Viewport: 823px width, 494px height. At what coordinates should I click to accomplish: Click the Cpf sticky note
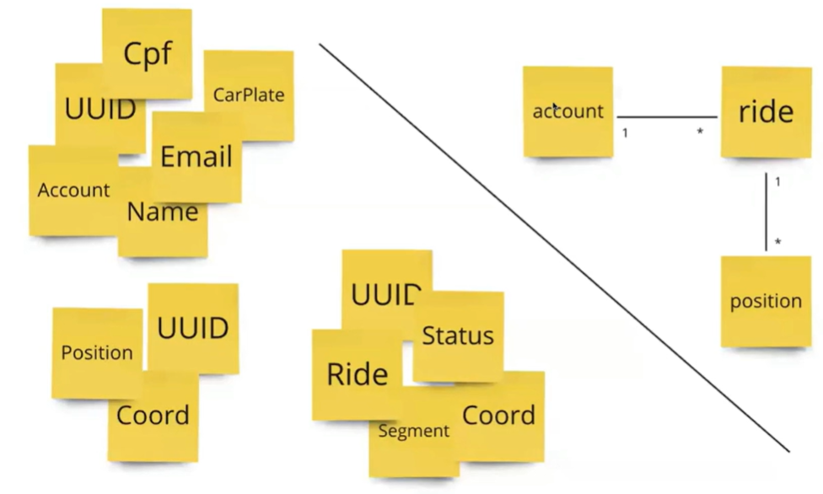point(148,52)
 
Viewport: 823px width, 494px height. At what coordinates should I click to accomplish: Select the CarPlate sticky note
point(249,94)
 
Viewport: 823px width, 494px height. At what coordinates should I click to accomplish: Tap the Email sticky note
point(196,157)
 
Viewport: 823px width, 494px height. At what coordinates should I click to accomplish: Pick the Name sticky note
point(162,212)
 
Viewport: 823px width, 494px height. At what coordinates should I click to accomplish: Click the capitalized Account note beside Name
point(73,191)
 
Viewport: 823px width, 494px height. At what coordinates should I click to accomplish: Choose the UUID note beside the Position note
point(193,327)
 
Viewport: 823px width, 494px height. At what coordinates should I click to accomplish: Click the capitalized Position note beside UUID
point(97,352)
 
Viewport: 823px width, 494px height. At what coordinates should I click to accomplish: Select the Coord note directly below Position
point(153,416)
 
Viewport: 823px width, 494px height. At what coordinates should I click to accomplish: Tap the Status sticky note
point(458,336)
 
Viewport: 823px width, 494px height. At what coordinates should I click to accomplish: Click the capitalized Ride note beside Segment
point(358,374)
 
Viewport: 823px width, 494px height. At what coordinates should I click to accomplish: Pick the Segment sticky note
point(413,432)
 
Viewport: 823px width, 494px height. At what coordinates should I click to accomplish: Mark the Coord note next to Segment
point(499,415)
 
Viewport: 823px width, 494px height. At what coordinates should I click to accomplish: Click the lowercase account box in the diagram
point(567,111)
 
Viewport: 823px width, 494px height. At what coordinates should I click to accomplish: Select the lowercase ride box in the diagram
point(766,112)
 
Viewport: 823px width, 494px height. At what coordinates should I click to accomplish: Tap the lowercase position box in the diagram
point(766,301)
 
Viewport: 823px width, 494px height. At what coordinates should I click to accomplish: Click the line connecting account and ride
point(666,117)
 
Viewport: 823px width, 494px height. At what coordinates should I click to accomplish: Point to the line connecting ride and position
point(766,211)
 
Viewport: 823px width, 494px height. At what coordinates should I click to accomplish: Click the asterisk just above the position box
point(777,243)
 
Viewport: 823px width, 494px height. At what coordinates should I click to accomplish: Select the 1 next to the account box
point(625,132)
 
